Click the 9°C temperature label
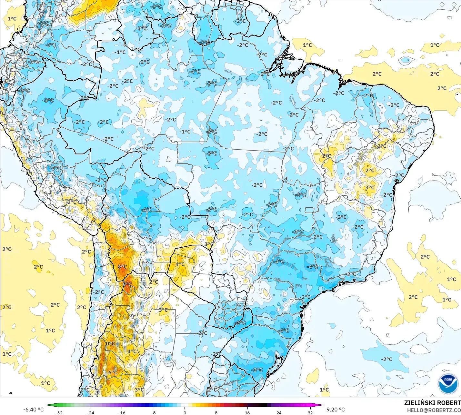(127, 284)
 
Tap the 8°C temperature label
(122, 267)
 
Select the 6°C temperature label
(113, 372)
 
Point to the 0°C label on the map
(110, 343)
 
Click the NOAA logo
(448, 384)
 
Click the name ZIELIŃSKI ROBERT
(432, 403)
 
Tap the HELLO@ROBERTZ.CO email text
(434, 410)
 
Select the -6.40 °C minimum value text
(33, 410)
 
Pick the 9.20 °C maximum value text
(336, 410)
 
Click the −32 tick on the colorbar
(58, 412)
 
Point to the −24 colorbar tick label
(90, 412)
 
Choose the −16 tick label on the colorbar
(121, 412)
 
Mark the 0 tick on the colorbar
(185, 412)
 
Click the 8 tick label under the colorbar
(216, 412)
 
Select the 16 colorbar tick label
(247, 412)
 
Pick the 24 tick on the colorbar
(279, 412)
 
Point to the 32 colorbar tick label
(310, 412)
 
